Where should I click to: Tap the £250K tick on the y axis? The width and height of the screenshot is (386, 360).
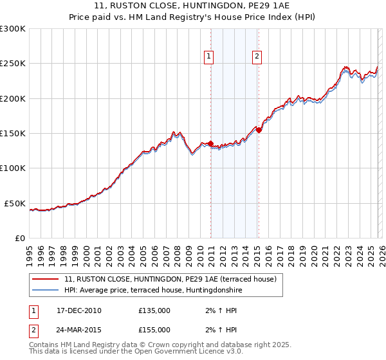pyautogui.click(x=13, y=64)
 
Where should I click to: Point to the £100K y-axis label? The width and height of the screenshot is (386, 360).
pyautogui.click(x=13, y=168)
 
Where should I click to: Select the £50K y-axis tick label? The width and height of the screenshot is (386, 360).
pyautogui.click(x=15, y=203)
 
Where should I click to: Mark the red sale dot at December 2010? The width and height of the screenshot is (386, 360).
pyautogui.click(x=211, y=144)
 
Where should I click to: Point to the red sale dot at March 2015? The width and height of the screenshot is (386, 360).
pyautogui.click(x=259, y=130)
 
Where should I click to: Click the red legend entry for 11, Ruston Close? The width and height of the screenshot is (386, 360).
pyautogui.click(x=170, y=279)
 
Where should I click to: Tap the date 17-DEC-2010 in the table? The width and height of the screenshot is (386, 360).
pyautogui.click(x=79, y=310)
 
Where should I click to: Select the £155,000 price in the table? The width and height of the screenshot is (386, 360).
pyautogui.click(x=154, y=329)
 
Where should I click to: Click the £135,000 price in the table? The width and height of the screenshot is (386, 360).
pyautogui.click(x=154, y=310)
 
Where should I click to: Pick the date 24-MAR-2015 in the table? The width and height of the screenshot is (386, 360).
pyautogui.click(x=79, y=329)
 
